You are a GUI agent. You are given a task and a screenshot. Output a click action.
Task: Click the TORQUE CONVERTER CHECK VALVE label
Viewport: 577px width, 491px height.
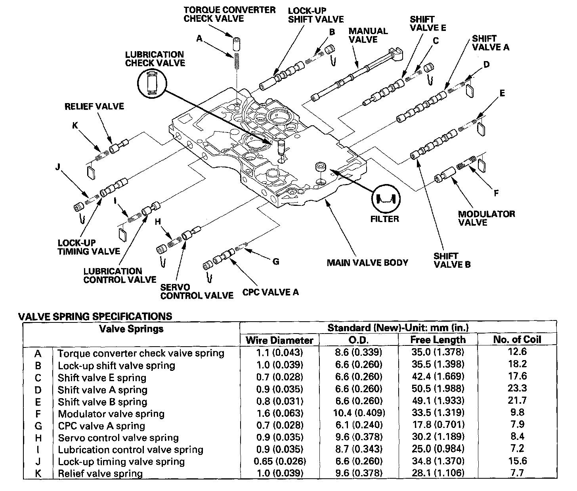point(229,14)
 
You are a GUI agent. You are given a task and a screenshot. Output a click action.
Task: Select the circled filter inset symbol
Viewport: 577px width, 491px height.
point(385,198)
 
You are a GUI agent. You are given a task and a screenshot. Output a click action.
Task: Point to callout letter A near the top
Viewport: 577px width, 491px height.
point(200,38)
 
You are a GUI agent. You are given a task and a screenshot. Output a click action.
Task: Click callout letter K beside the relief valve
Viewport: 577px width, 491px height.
point(75,126)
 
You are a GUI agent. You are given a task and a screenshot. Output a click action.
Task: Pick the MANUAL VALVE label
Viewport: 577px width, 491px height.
point(368,35)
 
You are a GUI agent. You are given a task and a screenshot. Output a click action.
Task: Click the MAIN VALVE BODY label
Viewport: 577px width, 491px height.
point(367,263)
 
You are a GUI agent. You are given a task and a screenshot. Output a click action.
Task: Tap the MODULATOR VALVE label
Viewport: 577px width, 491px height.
point(486,218)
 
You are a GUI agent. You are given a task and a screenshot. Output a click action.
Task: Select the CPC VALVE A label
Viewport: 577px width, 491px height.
point(270,292)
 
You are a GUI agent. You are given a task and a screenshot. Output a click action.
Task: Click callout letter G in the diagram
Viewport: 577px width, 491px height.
point(276,261)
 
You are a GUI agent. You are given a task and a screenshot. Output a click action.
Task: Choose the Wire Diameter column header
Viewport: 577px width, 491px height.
point(279,340)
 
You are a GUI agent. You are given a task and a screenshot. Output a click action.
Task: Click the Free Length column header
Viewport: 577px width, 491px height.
point(438,340)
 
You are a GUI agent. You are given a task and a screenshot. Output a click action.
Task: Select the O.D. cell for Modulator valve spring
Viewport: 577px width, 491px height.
point(358,413)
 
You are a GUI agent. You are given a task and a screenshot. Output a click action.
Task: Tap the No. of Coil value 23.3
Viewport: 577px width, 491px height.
point(517,388)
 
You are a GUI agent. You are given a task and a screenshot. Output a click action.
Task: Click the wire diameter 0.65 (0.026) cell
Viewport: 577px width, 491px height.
point(279,462)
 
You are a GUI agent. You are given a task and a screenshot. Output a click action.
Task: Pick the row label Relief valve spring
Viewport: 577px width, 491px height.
point(100,474)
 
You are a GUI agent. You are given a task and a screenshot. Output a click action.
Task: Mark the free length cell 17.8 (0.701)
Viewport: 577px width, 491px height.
point(438,425)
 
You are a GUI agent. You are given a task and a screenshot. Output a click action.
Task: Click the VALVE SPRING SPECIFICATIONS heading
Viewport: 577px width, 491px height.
point(96,316)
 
